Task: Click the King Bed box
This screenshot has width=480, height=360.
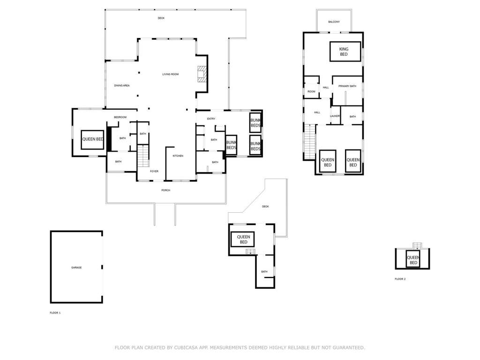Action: [x=345, y=52]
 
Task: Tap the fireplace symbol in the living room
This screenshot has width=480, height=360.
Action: [x=202, y=74]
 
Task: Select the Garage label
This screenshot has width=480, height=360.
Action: [x=76, y=268]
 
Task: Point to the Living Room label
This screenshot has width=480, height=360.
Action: [x=171, y=74]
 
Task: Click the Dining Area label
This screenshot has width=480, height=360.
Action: [x=122, y=85]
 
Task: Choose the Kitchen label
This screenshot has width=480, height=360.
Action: [x=178, y=156]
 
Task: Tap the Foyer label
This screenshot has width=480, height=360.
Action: [x=154, y=171]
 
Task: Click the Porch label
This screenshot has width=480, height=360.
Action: [x=165, y=190]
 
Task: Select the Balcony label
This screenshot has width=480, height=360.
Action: [x=334, y=22]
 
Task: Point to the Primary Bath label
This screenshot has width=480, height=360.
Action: [x=347, y=86]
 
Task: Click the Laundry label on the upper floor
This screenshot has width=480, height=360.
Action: [x=335, y=116]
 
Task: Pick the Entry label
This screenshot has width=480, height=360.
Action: [x=211, y=119]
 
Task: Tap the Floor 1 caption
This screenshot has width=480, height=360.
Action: [x=55, y=313]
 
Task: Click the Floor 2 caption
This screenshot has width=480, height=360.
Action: [x=400, y=279]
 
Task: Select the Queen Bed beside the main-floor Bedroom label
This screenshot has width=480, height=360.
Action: [x=92, y=140]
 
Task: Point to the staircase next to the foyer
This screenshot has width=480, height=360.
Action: [x=143, y=156]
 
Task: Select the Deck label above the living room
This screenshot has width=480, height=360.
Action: [x=161, y=18]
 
